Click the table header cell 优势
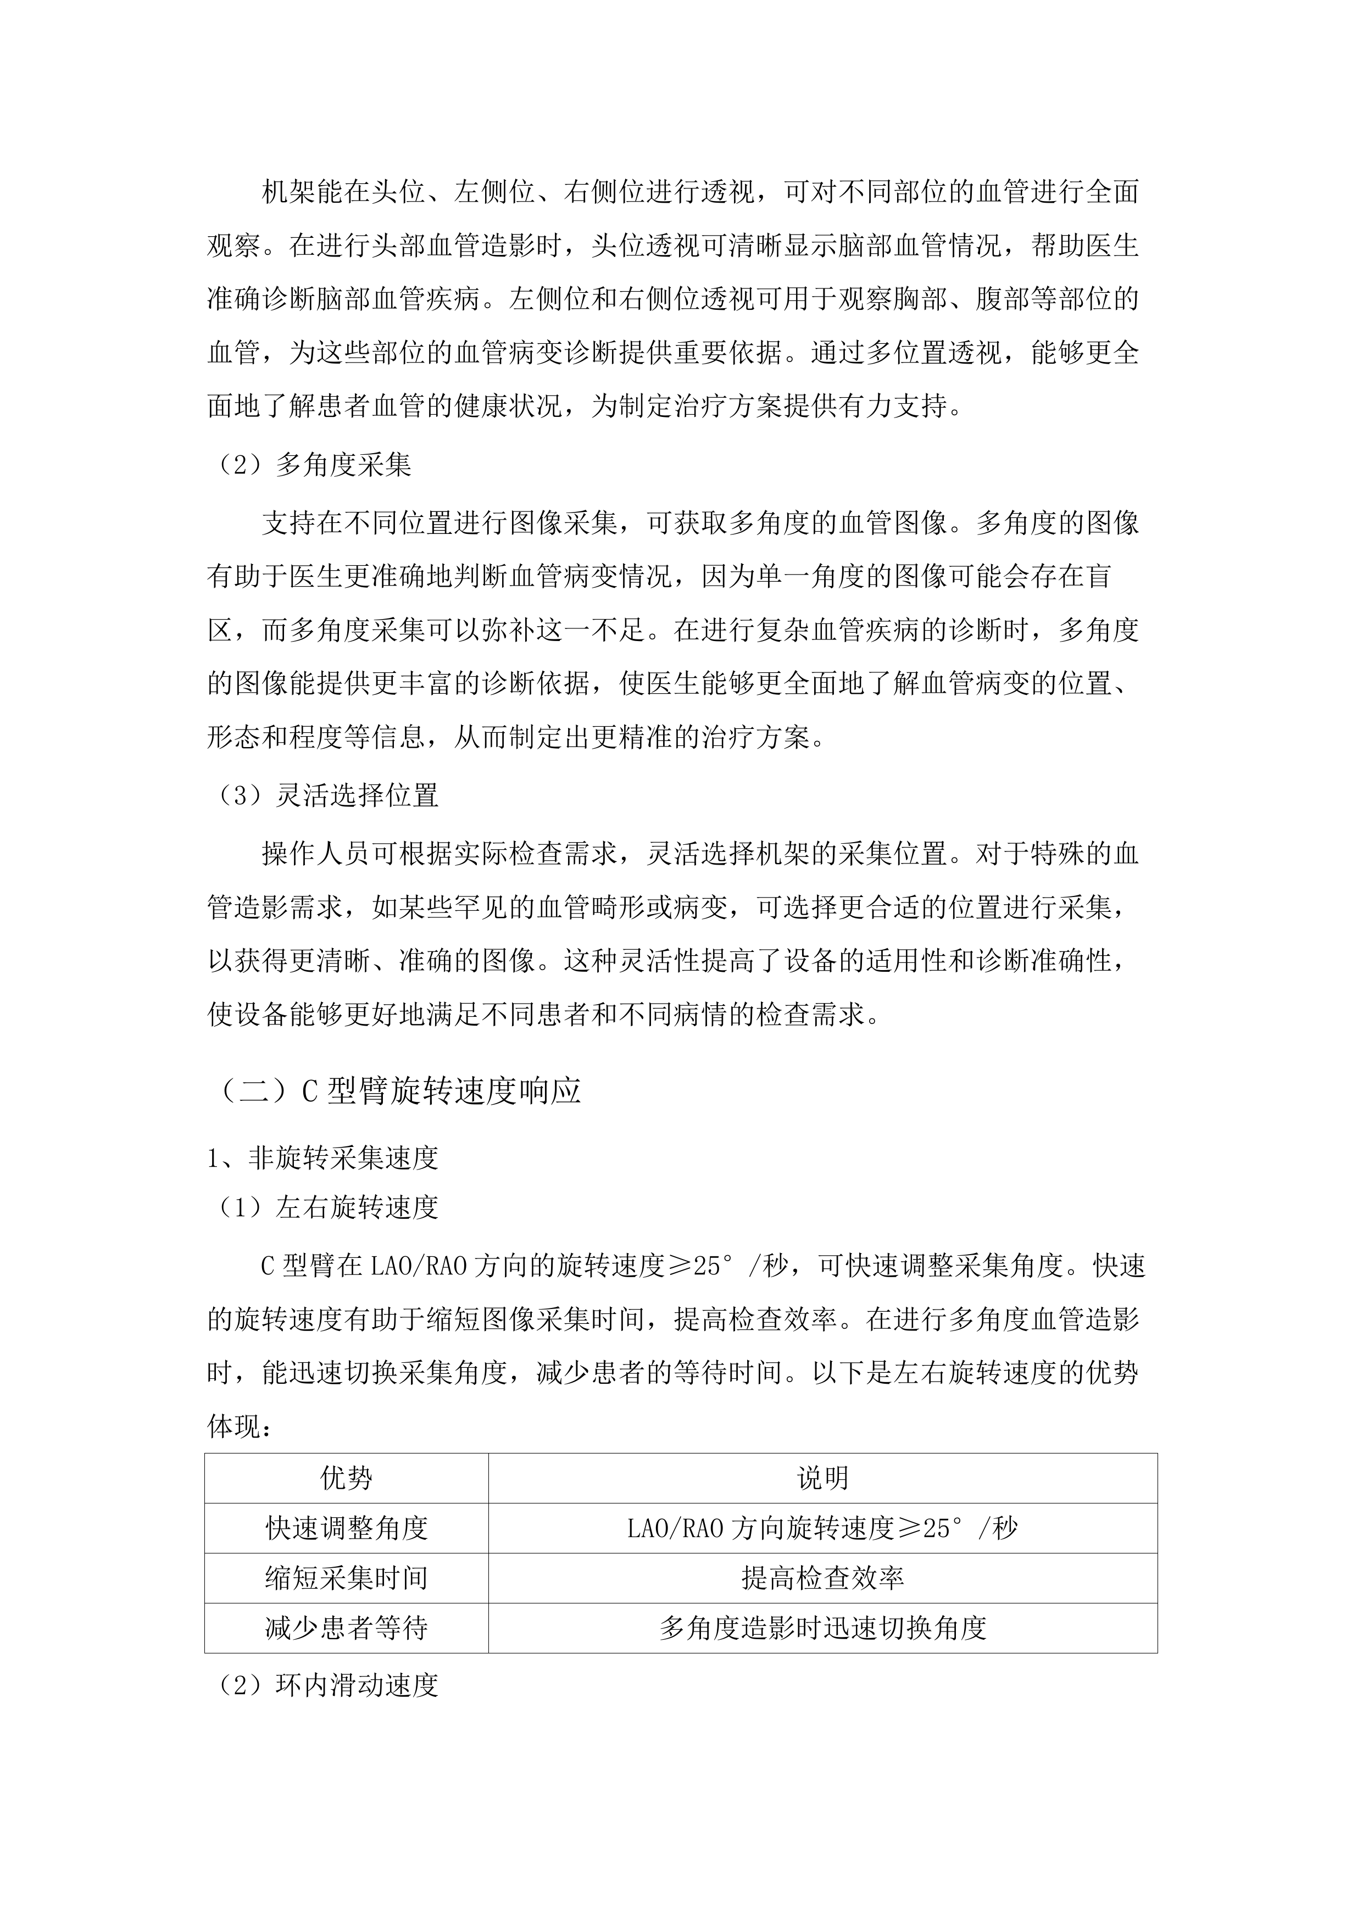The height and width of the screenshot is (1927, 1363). [346, 1478]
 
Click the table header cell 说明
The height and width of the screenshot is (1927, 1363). [822, 1478]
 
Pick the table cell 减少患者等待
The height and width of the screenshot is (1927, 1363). [346, 1628]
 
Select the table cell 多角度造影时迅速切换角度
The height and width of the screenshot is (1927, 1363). [822, 1628]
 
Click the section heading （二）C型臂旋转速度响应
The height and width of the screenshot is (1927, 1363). [399, 1091]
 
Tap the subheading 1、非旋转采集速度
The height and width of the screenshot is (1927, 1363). [323, 1158]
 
